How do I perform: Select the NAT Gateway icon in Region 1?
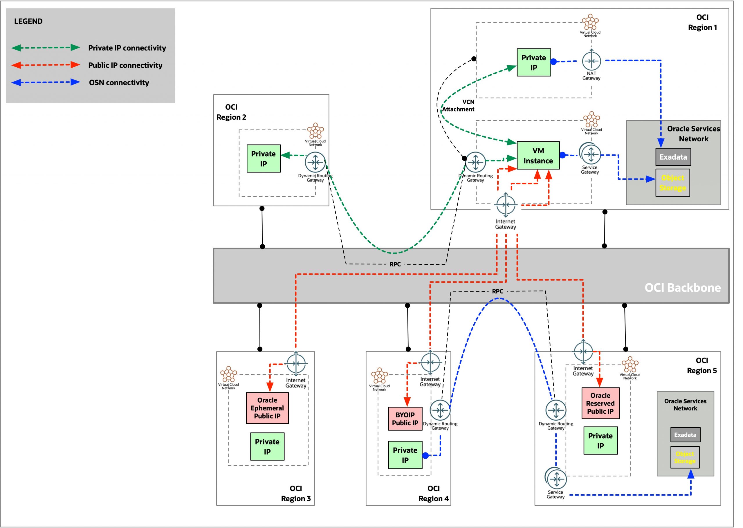click(x=591, y=61)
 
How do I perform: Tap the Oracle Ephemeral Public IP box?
click(x=267, y=408)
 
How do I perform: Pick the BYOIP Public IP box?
click(x=405, y=419)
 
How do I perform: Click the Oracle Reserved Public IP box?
click(x=600, y=403)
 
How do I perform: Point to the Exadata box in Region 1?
click(x=673, y=157)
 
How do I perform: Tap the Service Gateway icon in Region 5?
click(x=556, y=479)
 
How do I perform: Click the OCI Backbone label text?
click(x=682, y=288)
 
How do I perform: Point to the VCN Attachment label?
click(x=458, y=106)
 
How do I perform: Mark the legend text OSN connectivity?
click(x=119, y=82)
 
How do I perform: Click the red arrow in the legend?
click(x=46, y=65)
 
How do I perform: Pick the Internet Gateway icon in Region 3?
click(x=296, y=363)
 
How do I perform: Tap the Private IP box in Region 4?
click(x=405, y=455)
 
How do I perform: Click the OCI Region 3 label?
click(x=295, y=493)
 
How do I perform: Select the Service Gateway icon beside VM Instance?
click(x=590, y=154)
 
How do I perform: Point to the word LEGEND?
click(x=28, y=21)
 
